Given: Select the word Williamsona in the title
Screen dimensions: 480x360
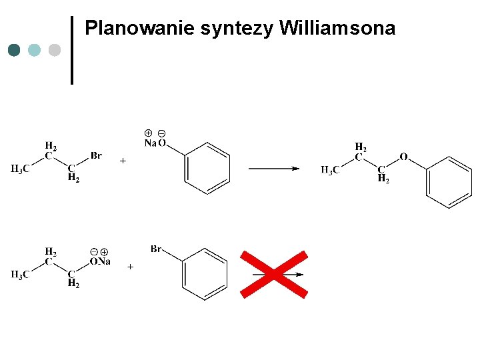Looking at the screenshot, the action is [x=337, y=29].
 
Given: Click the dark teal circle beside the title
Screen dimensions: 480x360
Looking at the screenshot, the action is [x=14, y=50].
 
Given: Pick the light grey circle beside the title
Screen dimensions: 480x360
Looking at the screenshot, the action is [x=55, y=50].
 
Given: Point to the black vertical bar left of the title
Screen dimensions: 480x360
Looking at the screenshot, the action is [x=72, y=50].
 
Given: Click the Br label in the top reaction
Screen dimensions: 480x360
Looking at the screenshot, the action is [x=96, y=156].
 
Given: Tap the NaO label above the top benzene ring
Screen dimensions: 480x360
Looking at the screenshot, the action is [x=155, y=143].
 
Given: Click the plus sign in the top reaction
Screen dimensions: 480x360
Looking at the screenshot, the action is [x=123, y=161].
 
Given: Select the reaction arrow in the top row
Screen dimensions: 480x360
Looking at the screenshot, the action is [x=274, y=169].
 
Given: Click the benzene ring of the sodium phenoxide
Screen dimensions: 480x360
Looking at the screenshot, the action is [x=207, y=168].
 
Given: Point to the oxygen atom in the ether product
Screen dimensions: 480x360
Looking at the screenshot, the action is [x=403, y=157].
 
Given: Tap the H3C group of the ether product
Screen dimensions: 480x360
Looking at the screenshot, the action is [x=329, y=170].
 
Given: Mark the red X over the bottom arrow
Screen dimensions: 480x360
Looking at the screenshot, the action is [x=274, y=274].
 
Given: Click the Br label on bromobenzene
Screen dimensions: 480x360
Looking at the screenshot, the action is [x=157, y=249].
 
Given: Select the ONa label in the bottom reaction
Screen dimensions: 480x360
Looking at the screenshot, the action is [x=100, y=261].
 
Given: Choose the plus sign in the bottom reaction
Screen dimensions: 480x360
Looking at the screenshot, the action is [x=130, y=267].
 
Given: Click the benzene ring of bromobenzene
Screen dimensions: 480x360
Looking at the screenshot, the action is [x=205, y=274].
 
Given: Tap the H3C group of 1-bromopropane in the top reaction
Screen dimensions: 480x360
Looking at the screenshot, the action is [x=20, y=169].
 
